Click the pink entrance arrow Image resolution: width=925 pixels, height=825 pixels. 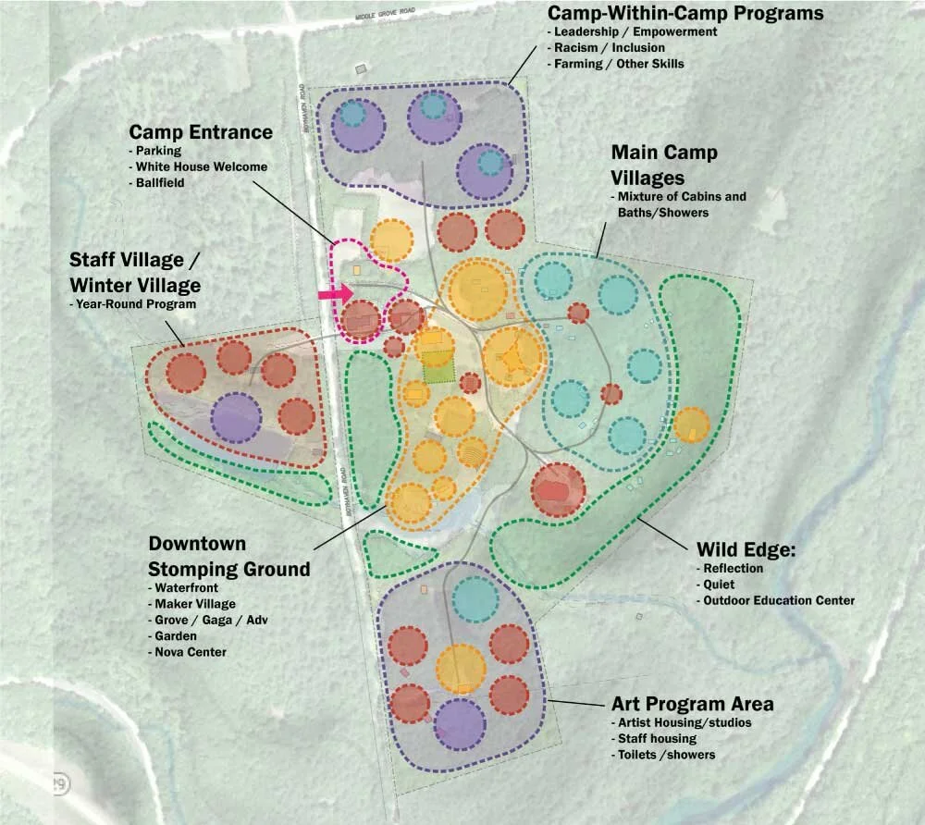(335, 294)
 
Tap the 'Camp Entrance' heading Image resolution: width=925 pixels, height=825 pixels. (201, 132)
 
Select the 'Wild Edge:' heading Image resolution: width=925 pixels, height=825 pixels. (746, 551)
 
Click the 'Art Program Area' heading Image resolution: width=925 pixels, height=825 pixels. (692, 704)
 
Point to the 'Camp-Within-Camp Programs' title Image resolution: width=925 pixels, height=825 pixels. (685, 14)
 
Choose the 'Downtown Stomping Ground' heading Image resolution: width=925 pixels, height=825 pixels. (228, 556)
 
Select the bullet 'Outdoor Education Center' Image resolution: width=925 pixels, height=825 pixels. (779, 600)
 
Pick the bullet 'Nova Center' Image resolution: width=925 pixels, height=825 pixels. (190, 652)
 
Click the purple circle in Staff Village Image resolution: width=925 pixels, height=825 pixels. (236, 416)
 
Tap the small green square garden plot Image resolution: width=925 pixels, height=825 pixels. (439, 370)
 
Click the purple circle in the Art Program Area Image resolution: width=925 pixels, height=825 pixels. (459, 722)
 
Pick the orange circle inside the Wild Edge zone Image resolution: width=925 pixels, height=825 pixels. (691, 425)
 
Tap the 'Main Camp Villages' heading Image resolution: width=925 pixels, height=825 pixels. (663, 164)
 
